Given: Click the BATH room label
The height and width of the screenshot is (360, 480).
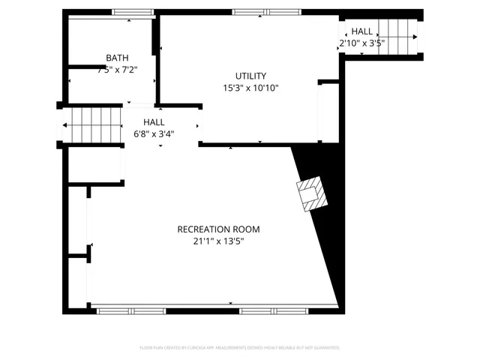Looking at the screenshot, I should [x=116, y=58].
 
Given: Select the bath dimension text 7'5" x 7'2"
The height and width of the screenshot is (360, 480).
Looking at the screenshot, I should [x=116, y=69].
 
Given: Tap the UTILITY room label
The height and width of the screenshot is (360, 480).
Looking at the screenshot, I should [x=250, y=76].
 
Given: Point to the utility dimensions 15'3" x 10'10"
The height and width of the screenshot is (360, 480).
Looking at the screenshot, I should [x=250, y=88].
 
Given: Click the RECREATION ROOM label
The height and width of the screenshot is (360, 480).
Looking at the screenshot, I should [x=218, y=229].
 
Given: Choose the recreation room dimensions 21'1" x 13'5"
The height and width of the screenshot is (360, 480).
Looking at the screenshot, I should [x=218, y=241].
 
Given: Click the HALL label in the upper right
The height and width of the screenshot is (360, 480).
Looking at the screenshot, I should [x=361, y=31].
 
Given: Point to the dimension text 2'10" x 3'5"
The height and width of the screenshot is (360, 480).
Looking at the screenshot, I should [x=361, y=43].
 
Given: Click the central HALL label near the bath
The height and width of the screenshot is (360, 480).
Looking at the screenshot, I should [x=154, y=121].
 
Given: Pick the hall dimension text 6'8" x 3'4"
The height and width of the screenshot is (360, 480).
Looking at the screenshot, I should [x=154, y=134].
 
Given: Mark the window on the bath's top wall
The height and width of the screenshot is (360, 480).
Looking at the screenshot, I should [x=133, y=12].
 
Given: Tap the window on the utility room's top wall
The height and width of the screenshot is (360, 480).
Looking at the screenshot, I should [x=264, y=12].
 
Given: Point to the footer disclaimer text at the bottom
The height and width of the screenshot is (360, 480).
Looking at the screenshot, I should [x=239, y=348].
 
